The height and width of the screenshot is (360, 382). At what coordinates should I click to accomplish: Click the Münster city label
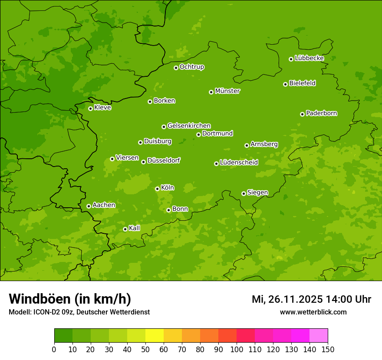click(227, 91)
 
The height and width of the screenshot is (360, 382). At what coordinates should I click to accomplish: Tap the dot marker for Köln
click(157, 189)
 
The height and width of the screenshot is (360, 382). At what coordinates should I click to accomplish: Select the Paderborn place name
click(322, 113)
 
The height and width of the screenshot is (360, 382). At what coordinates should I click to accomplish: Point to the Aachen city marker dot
click(89, 206)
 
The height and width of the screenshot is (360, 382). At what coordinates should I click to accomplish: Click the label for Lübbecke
click(310, 58)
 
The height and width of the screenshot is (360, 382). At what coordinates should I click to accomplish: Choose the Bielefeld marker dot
click(285, 84)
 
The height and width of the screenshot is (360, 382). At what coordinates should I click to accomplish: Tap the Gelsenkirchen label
click(189, 126)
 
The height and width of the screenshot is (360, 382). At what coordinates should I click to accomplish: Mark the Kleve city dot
click(90, 108)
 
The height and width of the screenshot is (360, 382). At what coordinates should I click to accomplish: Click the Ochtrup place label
click(192, 67)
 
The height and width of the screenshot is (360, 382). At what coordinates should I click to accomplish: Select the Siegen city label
click(257, 193)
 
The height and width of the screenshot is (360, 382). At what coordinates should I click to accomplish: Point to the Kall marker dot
click(125, 229)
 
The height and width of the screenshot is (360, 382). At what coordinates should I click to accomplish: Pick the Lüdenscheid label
click(239, 163)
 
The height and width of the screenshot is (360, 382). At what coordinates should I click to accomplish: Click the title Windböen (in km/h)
click(70, 299)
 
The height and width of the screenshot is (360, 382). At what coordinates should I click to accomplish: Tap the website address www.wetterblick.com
click(313, 312)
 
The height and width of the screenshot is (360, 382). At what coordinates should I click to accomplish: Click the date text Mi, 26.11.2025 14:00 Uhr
click(311, 299)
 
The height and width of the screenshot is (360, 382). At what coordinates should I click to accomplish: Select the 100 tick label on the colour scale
click(237, 349)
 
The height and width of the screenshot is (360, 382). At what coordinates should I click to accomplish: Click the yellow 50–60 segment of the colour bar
click(155, 336)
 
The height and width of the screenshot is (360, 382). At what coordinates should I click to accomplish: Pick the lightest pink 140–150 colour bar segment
click(319, 336)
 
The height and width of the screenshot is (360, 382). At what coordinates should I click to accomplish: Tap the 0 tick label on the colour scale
click(54, 349)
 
